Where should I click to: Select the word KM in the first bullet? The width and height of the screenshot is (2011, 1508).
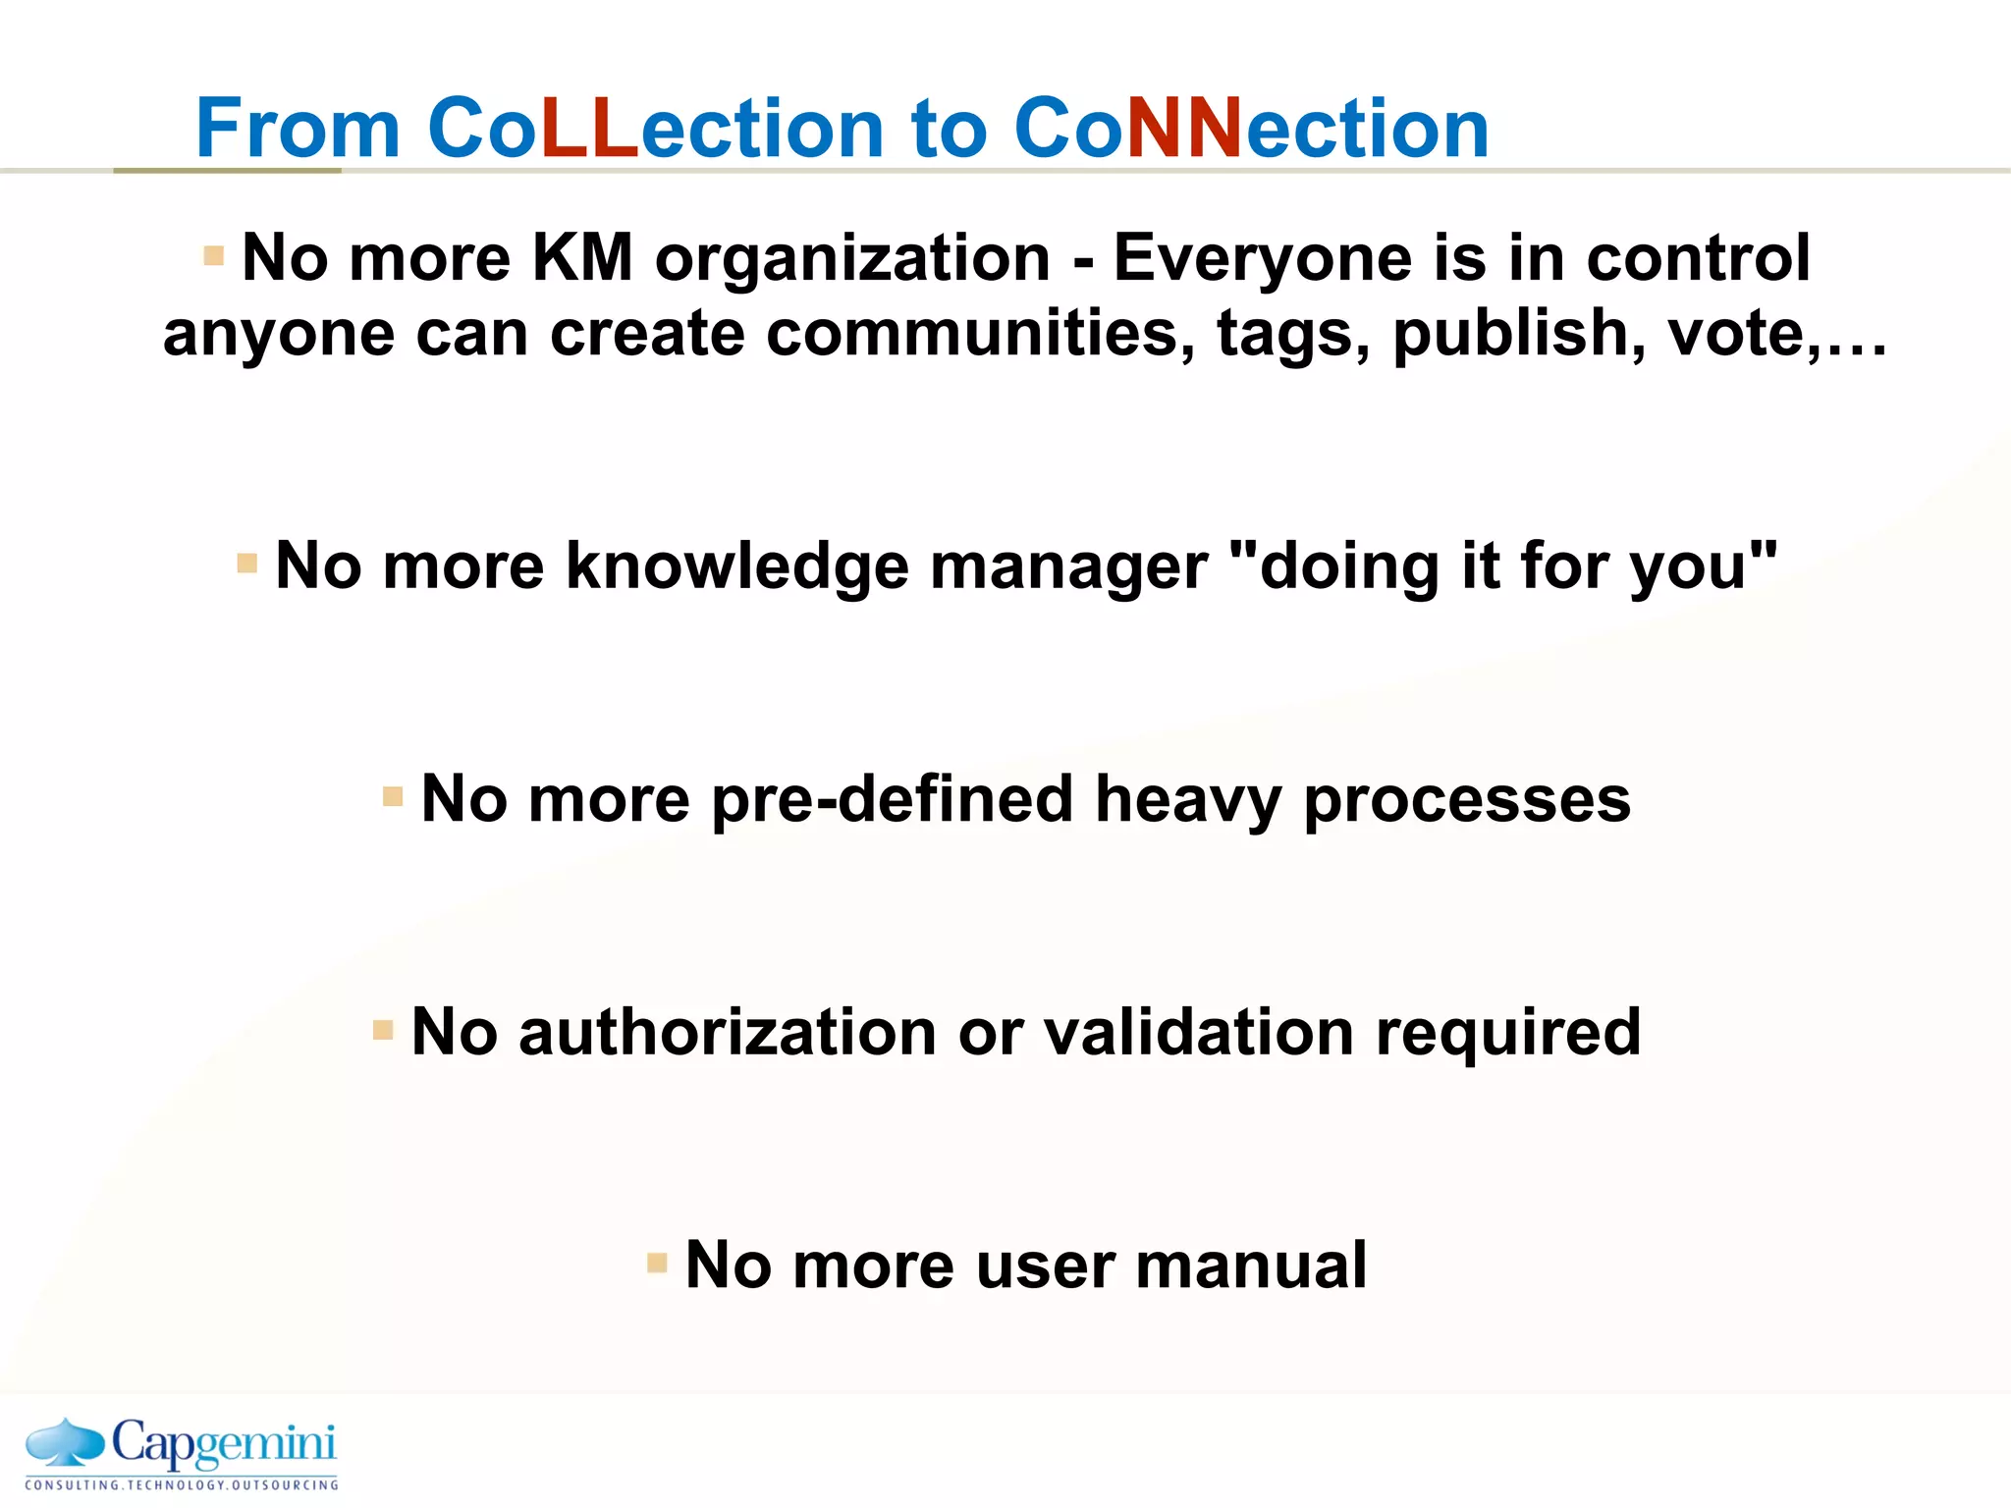tap(581, 257)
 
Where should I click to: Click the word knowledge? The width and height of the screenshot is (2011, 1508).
tap(736, 567)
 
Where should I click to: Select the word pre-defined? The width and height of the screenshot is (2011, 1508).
tap(893, 800)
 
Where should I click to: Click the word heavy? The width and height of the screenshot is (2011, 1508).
tap(1188, 800)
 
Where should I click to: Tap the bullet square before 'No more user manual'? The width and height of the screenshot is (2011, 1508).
tap(657, 1263)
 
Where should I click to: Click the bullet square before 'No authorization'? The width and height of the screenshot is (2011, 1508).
tap(383, 1031)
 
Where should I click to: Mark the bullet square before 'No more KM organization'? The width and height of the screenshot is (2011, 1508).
tap(213, 256)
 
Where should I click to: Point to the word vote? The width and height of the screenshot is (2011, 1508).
tap(1735, 334)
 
